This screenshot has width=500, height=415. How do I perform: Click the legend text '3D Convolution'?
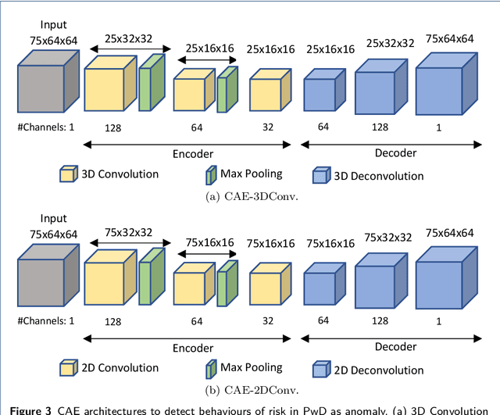tap(120, 174)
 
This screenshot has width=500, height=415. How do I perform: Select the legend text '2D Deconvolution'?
tap(378, 369)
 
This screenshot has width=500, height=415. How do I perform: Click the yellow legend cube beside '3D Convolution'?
tap(67, 174)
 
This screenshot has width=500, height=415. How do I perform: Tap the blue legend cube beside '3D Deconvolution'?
tap(320, 175)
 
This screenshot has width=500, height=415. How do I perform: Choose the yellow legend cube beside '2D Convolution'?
tap(67, 367)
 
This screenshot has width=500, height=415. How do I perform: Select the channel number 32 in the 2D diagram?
tap(267, 320)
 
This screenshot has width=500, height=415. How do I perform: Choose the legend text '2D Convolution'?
tap(120, 368)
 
